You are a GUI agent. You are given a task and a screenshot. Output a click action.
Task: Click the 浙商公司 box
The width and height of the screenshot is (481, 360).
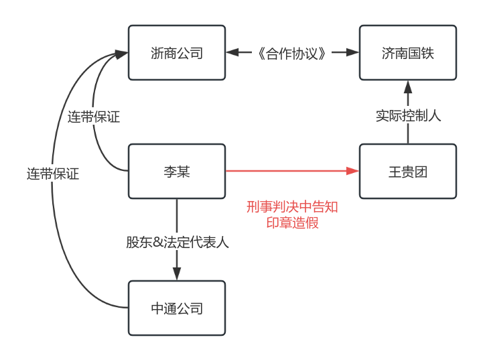pyautogui.click(x=177, y=53)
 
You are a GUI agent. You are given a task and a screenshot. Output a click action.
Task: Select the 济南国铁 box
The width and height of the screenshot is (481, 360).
pyautogui.click(x=407, y=53)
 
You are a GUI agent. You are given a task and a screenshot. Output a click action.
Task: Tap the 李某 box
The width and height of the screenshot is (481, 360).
pyautogui.click(x=177, y=172)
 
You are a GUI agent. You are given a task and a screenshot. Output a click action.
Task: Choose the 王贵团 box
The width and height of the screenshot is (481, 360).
pyautogui.click(x=407, y=172)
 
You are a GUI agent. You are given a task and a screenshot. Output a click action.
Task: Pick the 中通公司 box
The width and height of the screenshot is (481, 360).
pyautogui.click(x=177, y=308)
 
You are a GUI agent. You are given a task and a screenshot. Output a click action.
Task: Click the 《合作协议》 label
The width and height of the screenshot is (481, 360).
pyautogui.click(x=292, y=53)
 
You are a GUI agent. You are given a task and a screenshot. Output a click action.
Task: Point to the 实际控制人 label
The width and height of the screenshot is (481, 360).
pyautogui.click(x=407, y=115)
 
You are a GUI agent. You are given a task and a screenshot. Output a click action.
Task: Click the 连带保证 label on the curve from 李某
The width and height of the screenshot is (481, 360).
pyautogui.click(x=93, y=117)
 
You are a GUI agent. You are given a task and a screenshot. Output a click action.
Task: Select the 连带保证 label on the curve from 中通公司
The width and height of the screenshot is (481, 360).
pyautogui.click(x=53, y=174)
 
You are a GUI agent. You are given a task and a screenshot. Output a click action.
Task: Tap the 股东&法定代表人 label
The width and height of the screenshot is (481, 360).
pyautogui.click(x=177, y=242)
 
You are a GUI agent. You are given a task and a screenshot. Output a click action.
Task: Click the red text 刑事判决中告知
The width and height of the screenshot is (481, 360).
pyautogui.click(x=292, y=207)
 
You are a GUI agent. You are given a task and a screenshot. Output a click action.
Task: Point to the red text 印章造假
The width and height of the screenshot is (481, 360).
pyautogui.click(x=292, y=223)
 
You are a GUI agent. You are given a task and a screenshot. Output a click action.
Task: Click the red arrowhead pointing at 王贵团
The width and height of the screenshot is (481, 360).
pyautogui.click(x=352, y=172)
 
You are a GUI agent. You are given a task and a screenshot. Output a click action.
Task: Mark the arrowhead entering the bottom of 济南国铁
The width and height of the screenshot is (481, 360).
pyautogui.click(x=407, y=86)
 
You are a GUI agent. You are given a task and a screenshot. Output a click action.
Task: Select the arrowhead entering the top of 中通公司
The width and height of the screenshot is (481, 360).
pyautogui.click(x=177, y=274)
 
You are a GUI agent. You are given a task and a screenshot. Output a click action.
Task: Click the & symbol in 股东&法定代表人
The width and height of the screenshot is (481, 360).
pyautogui.click(x=158, y=242)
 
